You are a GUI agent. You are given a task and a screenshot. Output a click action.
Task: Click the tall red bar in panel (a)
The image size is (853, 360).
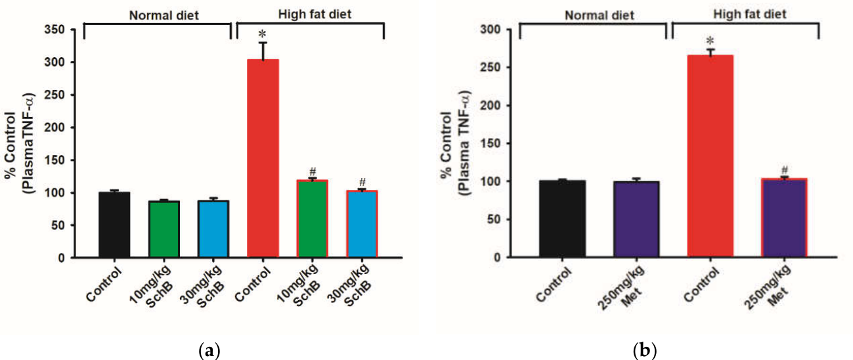point(263,158)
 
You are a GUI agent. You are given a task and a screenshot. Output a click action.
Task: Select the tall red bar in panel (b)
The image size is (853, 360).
point(711,156)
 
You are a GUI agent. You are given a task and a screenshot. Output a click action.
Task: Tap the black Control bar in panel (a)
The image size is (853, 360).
point(114,225)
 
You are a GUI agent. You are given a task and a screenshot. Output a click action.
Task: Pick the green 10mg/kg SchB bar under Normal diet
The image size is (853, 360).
point(164,229)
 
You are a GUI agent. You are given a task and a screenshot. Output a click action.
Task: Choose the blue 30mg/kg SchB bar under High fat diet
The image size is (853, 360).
point(362,224)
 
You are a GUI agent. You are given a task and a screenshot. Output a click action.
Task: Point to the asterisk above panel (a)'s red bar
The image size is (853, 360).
point(263,35)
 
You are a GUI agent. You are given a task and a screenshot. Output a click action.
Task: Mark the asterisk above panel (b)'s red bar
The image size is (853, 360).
point(710,41)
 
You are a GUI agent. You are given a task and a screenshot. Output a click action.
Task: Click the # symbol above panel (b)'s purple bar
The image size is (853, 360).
point(785,170)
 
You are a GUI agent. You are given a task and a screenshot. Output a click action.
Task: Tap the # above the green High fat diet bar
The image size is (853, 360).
point(313,171)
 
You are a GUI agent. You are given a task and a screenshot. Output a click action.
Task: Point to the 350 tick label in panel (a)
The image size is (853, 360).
point(55,30)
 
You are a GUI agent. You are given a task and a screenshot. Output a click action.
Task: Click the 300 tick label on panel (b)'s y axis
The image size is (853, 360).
point(490,30)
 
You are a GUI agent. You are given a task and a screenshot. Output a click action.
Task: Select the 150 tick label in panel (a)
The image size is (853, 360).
point(55,160)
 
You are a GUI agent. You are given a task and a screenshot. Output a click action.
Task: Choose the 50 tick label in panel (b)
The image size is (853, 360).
point(493,219)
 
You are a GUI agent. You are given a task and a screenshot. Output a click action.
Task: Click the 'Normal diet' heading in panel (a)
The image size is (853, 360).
point(164,15)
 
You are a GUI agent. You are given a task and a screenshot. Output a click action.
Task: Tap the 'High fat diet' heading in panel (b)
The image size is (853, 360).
point(749,14)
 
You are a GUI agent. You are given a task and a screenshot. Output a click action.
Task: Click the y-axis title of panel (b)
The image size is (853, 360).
point(456,143)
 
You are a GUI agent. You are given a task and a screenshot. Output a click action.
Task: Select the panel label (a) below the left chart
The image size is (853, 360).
point(209,350)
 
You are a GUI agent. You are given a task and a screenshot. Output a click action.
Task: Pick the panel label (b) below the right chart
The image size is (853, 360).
point(645,350)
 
